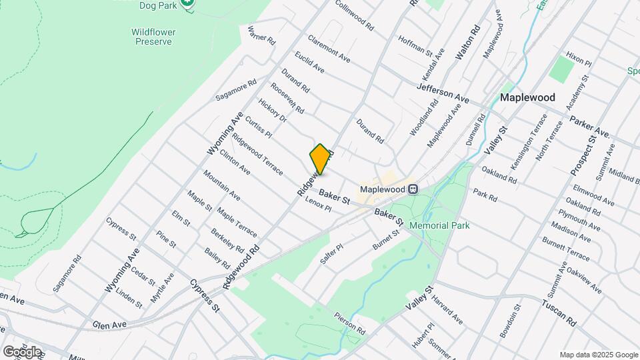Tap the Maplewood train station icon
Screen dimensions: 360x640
413,189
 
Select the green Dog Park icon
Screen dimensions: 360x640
188,3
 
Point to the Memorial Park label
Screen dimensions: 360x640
439,225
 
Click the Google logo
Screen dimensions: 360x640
22,351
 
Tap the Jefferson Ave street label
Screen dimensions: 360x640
443,93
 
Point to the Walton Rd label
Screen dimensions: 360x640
467,44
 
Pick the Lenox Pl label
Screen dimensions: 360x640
318,204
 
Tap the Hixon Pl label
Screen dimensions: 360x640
578,59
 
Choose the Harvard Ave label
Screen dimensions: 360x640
447,307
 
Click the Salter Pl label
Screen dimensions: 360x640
331,253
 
